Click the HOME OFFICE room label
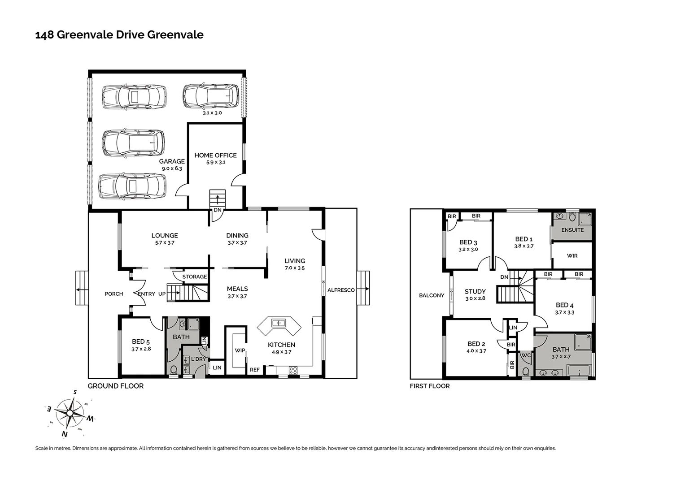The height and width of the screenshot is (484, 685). point(215,156)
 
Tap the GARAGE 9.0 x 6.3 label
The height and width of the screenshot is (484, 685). point(172,164)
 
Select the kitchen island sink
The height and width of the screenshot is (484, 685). point(279,323)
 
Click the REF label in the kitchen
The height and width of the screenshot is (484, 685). point(255,370)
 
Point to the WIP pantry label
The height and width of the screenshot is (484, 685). point(240,350)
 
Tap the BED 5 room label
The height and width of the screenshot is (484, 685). point(141,342)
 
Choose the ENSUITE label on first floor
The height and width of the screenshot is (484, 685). point(572,230)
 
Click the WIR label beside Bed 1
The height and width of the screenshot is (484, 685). point(572,256)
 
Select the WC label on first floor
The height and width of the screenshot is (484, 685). point(526,355)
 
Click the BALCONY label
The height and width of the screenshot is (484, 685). point(432,295)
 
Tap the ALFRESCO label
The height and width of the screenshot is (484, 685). point(341,290)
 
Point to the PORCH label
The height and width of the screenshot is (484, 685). point(113,294)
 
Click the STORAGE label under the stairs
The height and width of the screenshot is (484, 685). point(195,277)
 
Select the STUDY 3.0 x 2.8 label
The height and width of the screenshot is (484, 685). point(475,294)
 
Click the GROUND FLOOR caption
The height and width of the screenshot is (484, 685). point(115,386)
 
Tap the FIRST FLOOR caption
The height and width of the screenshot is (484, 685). point(429,386)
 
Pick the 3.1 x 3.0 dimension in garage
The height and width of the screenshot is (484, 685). point(212,113)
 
